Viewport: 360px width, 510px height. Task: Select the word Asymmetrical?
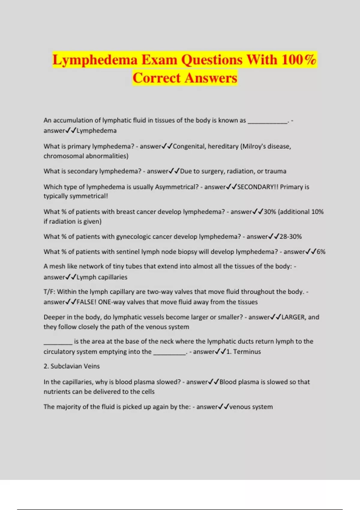(x=177, y=187)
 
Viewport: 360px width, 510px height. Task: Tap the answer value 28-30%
(x=290, y=237)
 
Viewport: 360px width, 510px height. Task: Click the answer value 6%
(x=321, y=252)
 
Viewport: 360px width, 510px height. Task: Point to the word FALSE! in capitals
(x=86, y=302)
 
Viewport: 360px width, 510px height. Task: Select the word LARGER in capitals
(x=293, y=317)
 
